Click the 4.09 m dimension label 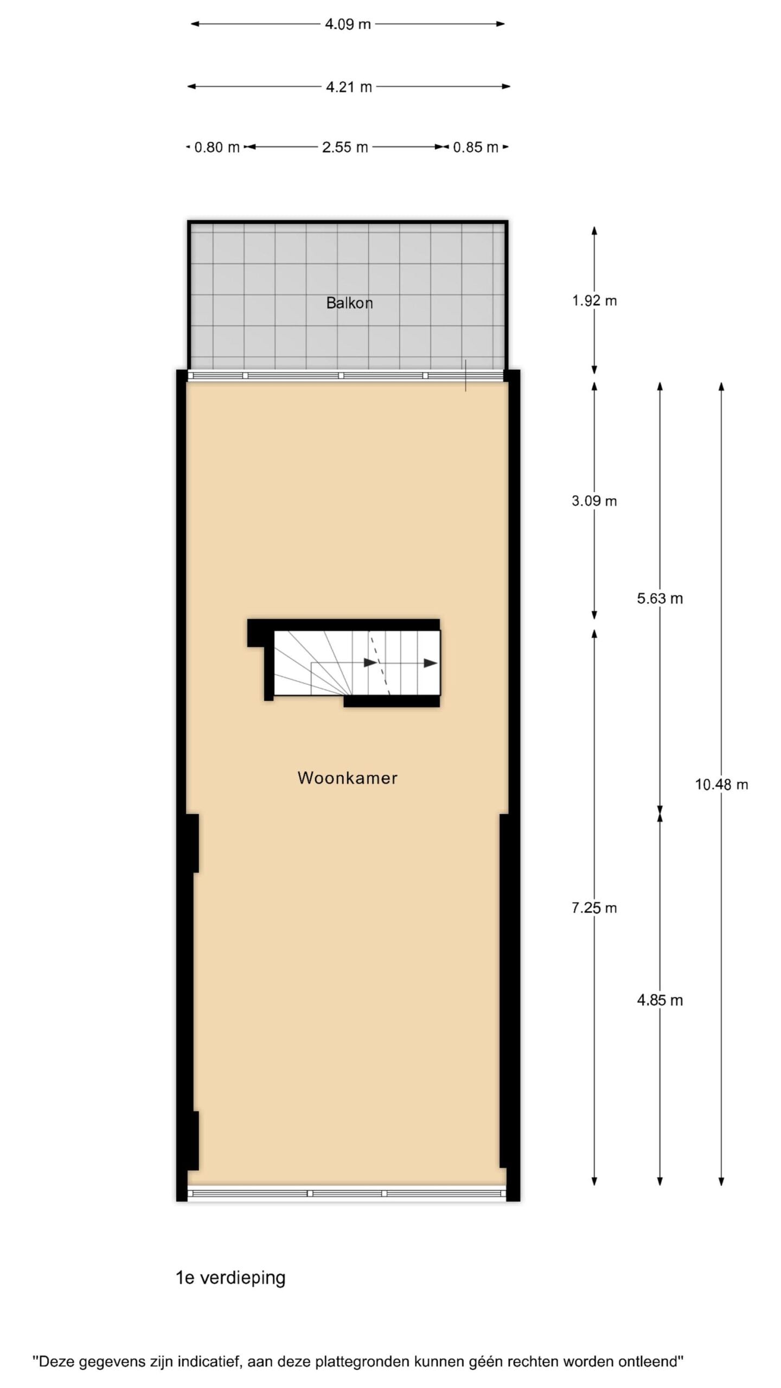coord(348,24)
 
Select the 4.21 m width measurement coord(349,87)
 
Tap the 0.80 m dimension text coord(217,147)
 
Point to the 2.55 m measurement coord(345,147)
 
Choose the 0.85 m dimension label coord(476,147)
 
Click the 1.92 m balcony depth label coord(594,301)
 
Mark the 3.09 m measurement coord(594,501)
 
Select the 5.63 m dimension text coord(660,599)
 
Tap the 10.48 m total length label coord(722,785)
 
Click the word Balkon coord(349,303)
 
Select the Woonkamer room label coord(348,778)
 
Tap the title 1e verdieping coord(231,1278)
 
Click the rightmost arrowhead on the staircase coord(431,663)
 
